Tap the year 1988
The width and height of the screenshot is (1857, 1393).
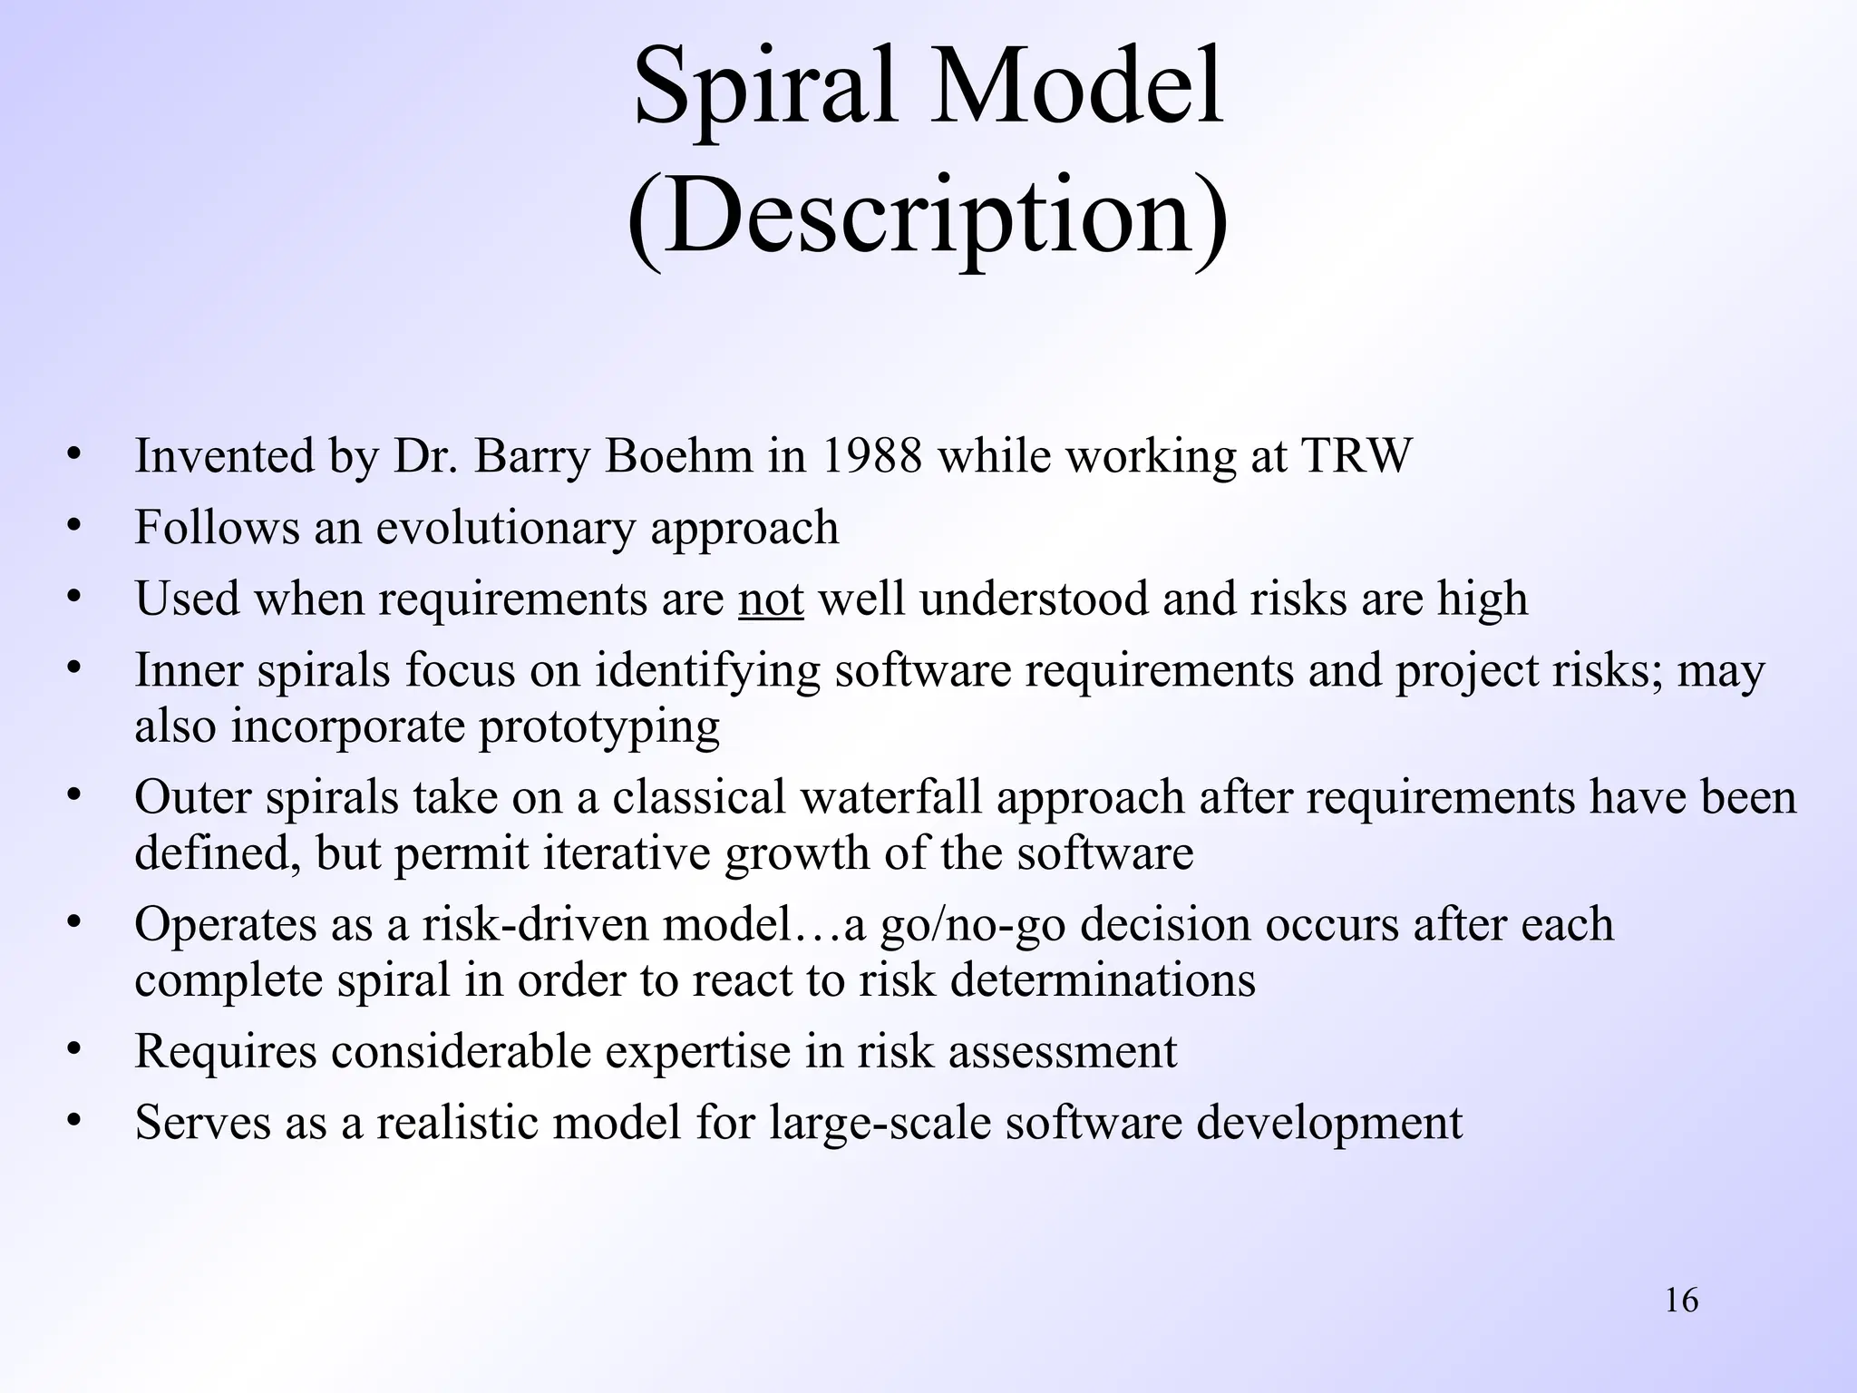pyautogui.click(x=871, y=455)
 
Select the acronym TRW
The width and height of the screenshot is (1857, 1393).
pyautogui.click(x=1356, y=455)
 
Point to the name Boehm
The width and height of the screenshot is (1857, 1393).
pyautogui.click(x=678, y=455)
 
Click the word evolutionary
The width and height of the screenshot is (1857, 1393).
pyautogui.click(x=505, y=528)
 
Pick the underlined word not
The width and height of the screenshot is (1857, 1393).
pyautogui.click(x=771, y=599)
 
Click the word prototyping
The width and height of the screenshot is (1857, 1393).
pyautogui.click(x=599, y=727)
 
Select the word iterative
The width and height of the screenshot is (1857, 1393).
pyautogui.click(x=627, y=853)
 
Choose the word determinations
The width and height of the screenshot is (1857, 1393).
pyautogui.click(x=1103, y=980)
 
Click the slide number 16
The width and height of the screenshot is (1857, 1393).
pyautogui.click(x=1682, y=1300)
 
